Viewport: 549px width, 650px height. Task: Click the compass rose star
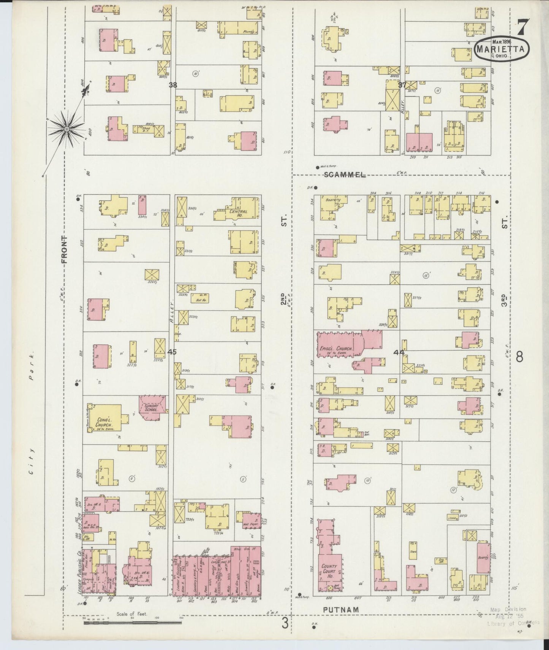click(66, 129)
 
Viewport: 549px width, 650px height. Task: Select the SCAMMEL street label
click(345, 175)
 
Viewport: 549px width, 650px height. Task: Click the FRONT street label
click(64, 249)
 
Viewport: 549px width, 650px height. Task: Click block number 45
click(172, 352)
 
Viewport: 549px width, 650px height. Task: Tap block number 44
click(399, 352)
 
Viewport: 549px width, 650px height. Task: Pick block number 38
click(172, 85)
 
